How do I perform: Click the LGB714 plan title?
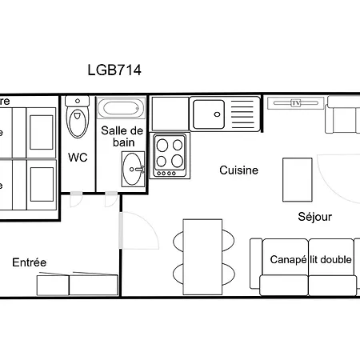(114, 70)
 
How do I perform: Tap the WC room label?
(78, 157)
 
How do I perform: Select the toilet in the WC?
(78, 121)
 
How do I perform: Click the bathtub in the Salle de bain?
(121, 109)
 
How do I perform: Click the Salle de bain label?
(122, 136)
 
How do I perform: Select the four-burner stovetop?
(169, 154)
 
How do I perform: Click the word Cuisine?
(238, 170)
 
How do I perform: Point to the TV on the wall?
(295, 102)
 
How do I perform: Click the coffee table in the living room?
(297, 178)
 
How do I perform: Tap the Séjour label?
(314, 216)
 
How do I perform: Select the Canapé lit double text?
(311, 260)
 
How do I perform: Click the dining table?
(201, 257)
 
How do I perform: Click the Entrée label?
(29, 262)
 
